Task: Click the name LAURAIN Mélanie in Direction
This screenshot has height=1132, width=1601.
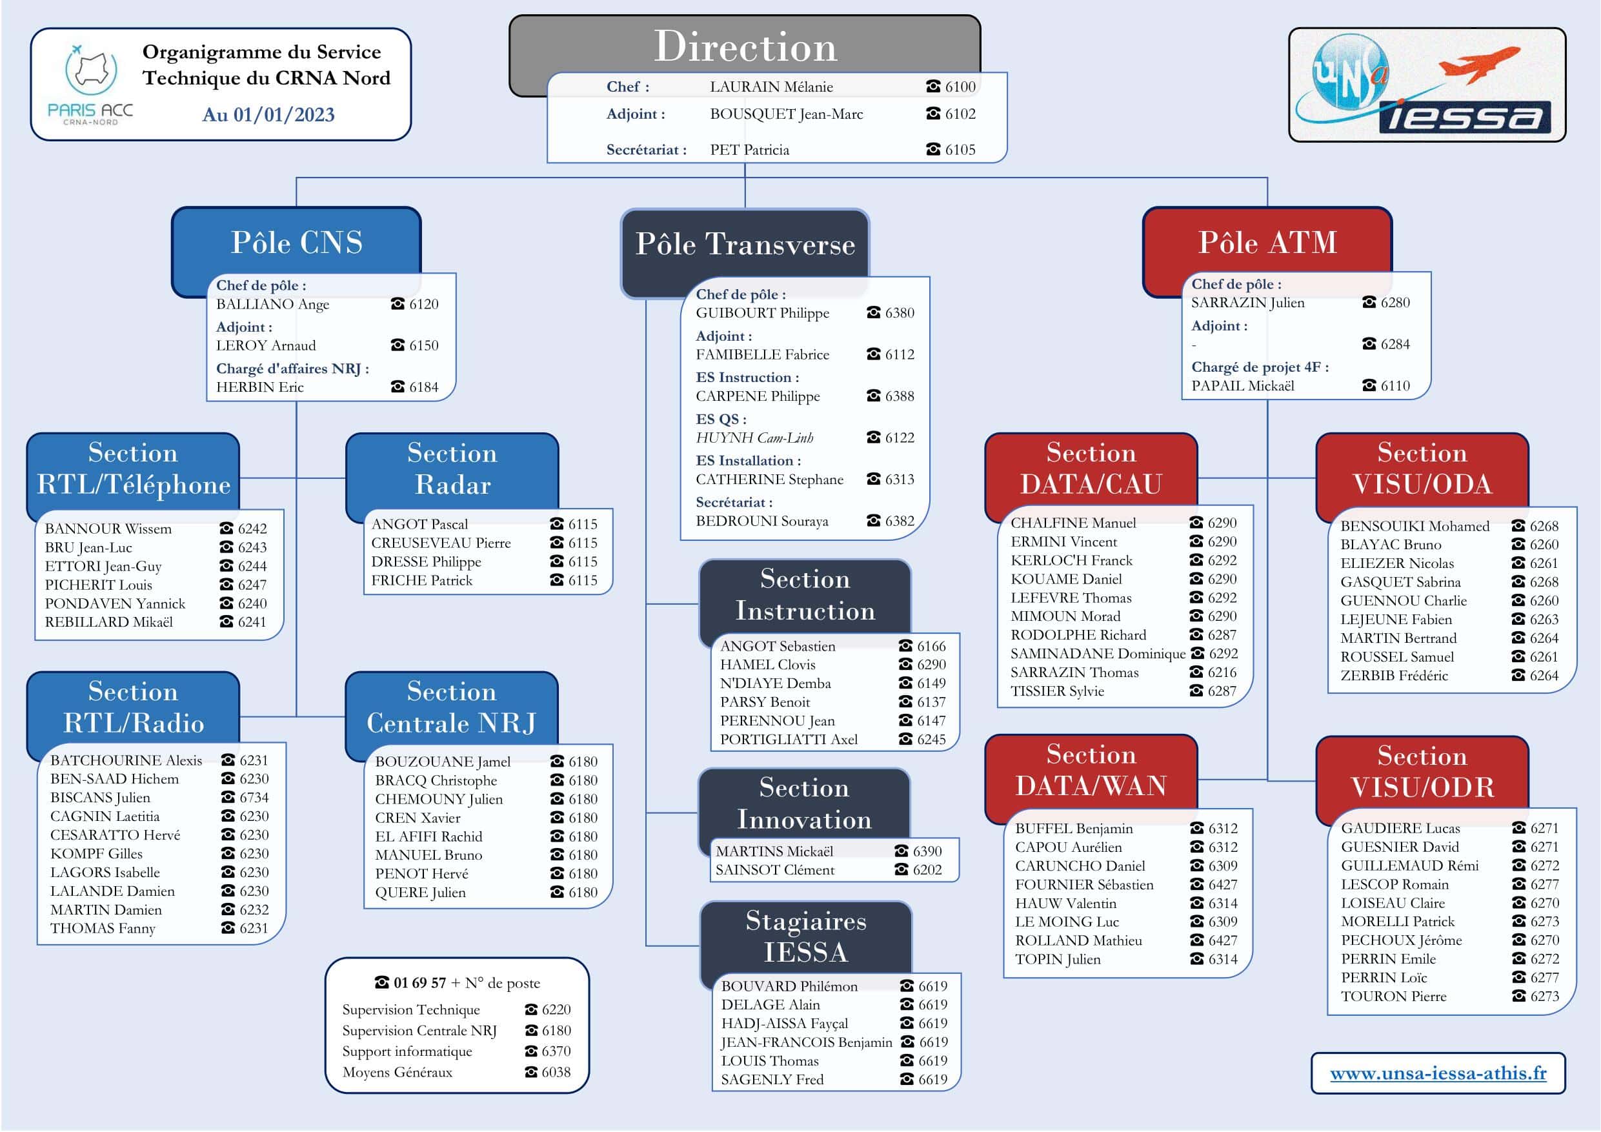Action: (x=771, y=86)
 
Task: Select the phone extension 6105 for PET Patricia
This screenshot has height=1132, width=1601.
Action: (x=960, y=149)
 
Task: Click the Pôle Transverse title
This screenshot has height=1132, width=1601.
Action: (x=745, y=244)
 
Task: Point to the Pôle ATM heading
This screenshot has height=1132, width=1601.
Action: (x=1267, y=242)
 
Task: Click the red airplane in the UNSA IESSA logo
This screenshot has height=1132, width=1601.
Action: (x=1479, y=64)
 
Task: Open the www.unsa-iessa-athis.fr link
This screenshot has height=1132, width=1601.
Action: (x=1438, y=1073)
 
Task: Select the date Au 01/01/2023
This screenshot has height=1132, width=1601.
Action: (x=268, y=114)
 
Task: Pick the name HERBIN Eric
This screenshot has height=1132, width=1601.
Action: (x=260, y=387)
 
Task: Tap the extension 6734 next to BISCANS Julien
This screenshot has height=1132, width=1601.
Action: (x=254, y=797)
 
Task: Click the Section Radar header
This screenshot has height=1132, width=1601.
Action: (x=452, y=469)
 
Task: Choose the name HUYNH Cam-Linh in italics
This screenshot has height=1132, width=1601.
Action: (x=754, y=438)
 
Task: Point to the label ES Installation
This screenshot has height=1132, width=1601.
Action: (x=748, y=460)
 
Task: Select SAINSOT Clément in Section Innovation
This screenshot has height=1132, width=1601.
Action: (x=775, y=870)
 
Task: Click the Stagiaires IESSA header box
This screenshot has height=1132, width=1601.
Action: (x=806, y=936)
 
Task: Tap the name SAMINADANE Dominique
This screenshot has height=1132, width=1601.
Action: (x=1098, y=654)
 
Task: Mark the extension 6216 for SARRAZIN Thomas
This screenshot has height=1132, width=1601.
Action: (x=1222, y=672)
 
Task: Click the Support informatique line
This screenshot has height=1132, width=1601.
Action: (x=407, y=1051)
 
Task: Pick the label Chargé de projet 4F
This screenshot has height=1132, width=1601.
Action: (x=1260, y=367)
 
